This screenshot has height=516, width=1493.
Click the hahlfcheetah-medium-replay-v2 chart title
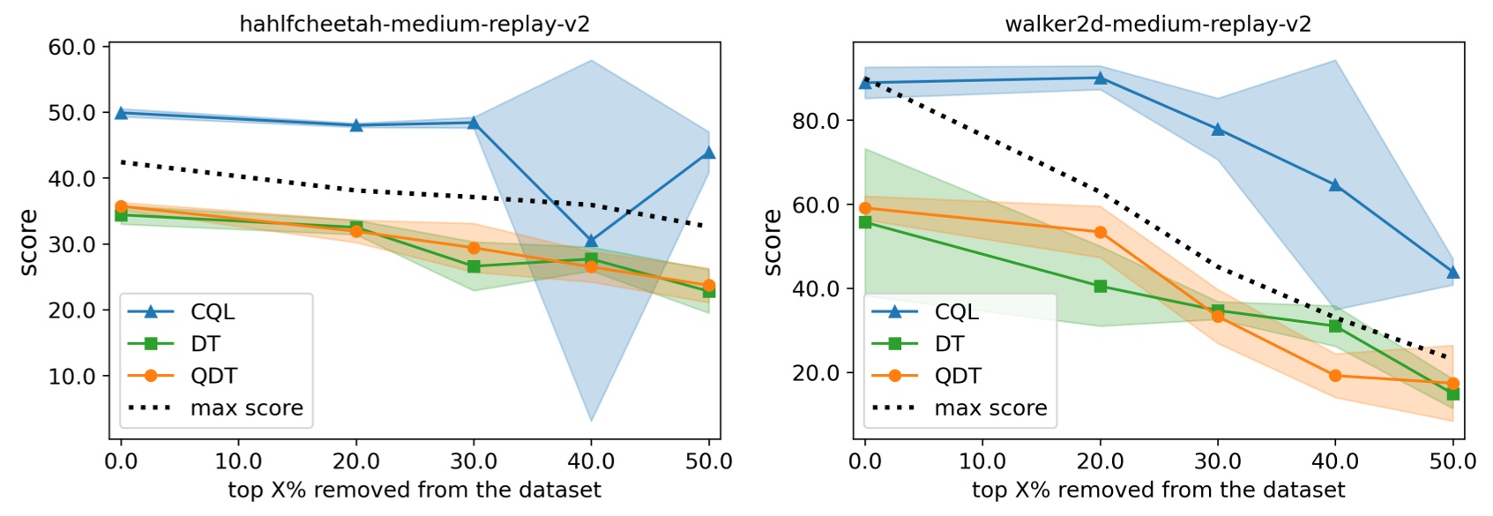pyautogui.click(x=414, y=24)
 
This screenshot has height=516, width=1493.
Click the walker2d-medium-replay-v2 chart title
pyautogui.click(x=1158, y=24)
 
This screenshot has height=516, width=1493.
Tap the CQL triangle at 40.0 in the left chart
pyautogui.click(x=591, y=240)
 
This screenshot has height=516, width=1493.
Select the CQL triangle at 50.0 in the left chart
pyautogui.click(x=709, y=153)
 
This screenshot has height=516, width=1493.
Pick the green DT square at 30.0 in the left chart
pyautogui.click(x=474, y=266)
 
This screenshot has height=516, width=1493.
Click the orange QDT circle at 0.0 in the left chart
pyautogui.click(x=121, y=206)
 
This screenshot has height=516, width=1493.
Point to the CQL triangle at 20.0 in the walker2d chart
pyautogui.click(x=1100, y=78)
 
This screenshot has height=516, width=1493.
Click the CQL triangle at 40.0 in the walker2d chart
pyautogui.click(x=1335, y=184)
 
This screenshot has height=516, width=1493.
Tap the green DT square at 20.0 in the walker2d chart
pyautogui.click(x=1100, y=286)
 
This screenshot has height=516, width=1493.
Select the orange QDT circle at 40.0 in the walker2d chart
pyautogui.click(x=1335, y=376)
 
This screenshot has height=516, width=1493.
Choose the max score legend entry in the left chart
pyautogui.click(x=246, y=408)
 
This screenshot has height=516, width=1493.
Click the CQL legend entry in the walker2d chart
pyautogui.click(x=957, y=311)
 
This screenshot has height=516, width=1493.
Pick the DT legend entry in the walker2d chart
pyautogui.click(x=949, y=344)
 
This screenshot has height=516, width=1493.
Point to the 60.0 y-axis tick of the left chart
pyautogui.click(x=71, y=47)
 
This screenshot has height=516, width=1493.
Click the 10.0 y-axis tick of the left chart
pyautogui.click(x=71, y=377)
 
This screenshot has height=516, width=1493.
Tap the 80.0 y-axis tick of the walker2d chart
pyautogui.click(x=816, y=121)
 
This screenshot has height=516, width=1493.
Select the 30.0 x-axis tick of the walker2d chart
pyautogui.click(x=1218, y=461)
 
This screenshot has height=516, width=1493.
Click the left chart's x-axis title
pyautogui.click(x=414, y=490)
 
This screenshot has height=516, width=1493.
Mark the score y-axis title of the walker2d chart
pyautogui.click(x=773, y=243)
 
